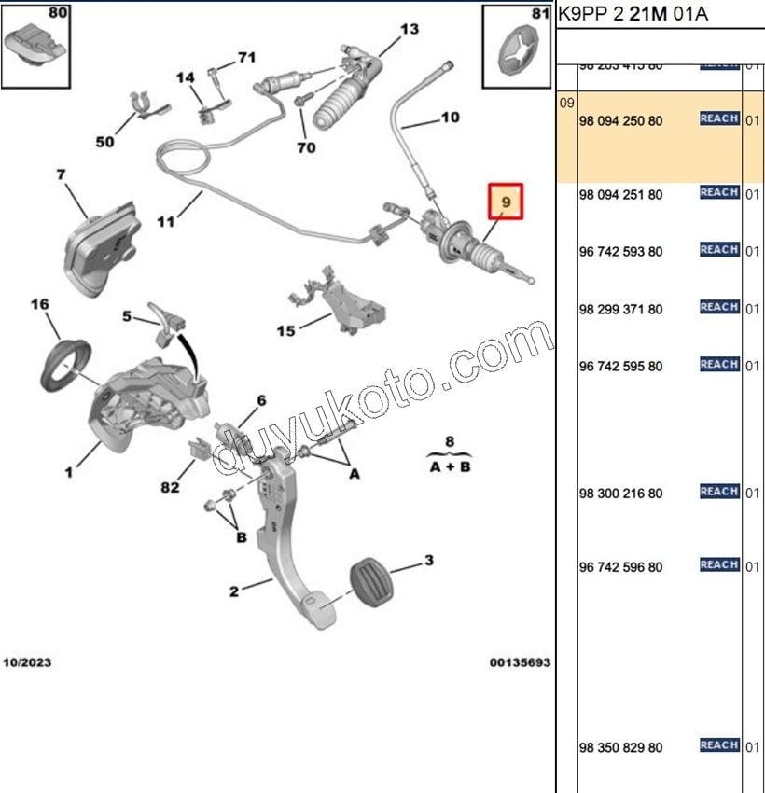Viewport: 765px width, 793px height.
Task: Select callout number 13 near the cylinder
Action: (410, 30)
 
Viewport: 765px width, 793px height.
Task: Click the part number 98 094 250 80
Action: (620, 121)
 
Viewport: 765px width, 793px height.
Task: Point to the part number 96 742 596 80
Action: (620, 567)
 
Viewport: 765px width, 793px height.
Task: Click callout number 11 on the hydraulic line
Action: (165, 222)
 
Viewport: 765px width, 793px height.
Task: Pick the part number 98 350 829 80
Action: (620, 748)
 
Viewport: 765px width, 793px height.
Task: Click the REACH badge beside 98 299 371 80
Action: (719, 307)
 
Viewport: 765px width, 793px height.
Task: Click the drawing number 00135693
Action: (521, 662)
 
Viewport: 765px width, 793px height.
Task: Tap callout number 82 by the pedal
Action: (169, 488)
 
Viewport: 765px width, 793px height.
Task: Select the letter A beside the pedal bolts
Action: (355, 474)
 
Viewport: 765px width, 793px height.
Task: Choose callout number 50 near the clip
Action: (104, 142)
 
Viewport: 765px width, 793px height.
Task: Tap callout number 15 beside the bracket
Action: (285, 330)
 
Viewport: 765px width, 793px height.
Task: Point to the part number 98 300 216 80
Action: (620, 494)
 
